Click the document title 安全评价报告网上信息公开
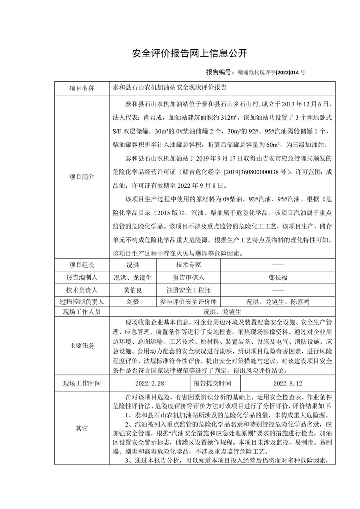coord(190,53)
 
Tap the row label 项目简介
coord(82,176)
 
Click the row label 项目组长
coord(82,265)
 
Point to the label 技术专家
coord(188,265)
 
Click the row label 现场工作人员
coord(82,312)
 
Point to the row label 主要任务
coord(82,346)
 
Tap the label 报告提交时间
coord(212,383)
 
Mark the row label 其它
coord(82,428)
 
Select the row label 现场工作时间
coord(82,383)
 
